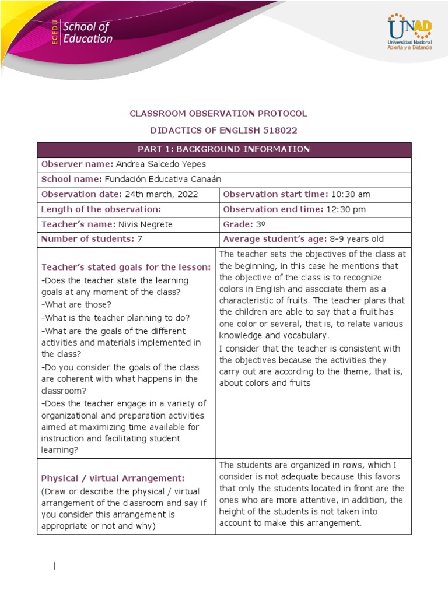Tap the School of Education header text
tap(87, 33)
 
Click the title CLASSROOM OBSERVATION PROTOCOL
tap(218, 113)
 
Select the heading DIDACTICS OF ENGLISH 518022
tap(218, 130)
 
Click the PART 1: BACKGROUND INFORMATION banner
tap(224, 150)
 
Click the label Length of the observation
tap(100, 209)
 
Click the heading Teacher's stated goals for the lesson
tap(126, 267)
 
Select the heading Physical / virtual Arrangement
tap(113, 478)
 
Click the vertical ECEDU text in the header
tap(54, 33)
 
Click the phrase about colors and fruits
tap(265, 383)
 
